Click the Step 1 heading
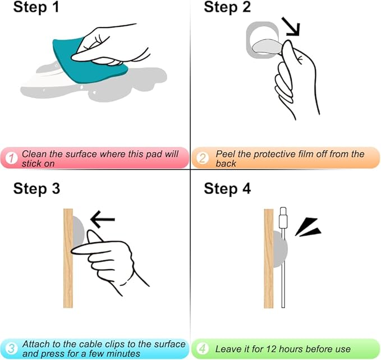(x=36, y=7)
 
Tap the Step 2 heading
(x=227, y=7)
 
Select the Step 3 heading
(x=36, y=188)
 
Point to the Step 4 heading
(x=227, y=188)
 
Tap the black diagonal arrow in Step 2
(x=292, y=26)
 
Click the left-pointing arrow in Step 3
(x=103, y=219)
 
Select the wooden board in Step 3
(x=68, y=259)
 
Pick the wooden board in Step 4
(x=269, y=259)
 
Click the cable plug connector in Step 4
(x=283, y=218)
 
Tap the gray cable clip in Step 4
(x=280, y=250)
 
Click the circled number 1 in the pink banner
(x=11, y=158)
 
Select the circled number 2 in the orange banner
(x=203, y=158)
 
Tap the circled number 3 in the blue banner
(x=11, y=349)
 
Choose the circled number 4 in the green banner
(x=203, y=349)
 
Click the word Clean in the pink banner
(x=34, y=154)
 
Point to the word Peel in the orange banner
(x=226, y=154)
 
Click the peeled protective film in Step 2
(x=267, y=47)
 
